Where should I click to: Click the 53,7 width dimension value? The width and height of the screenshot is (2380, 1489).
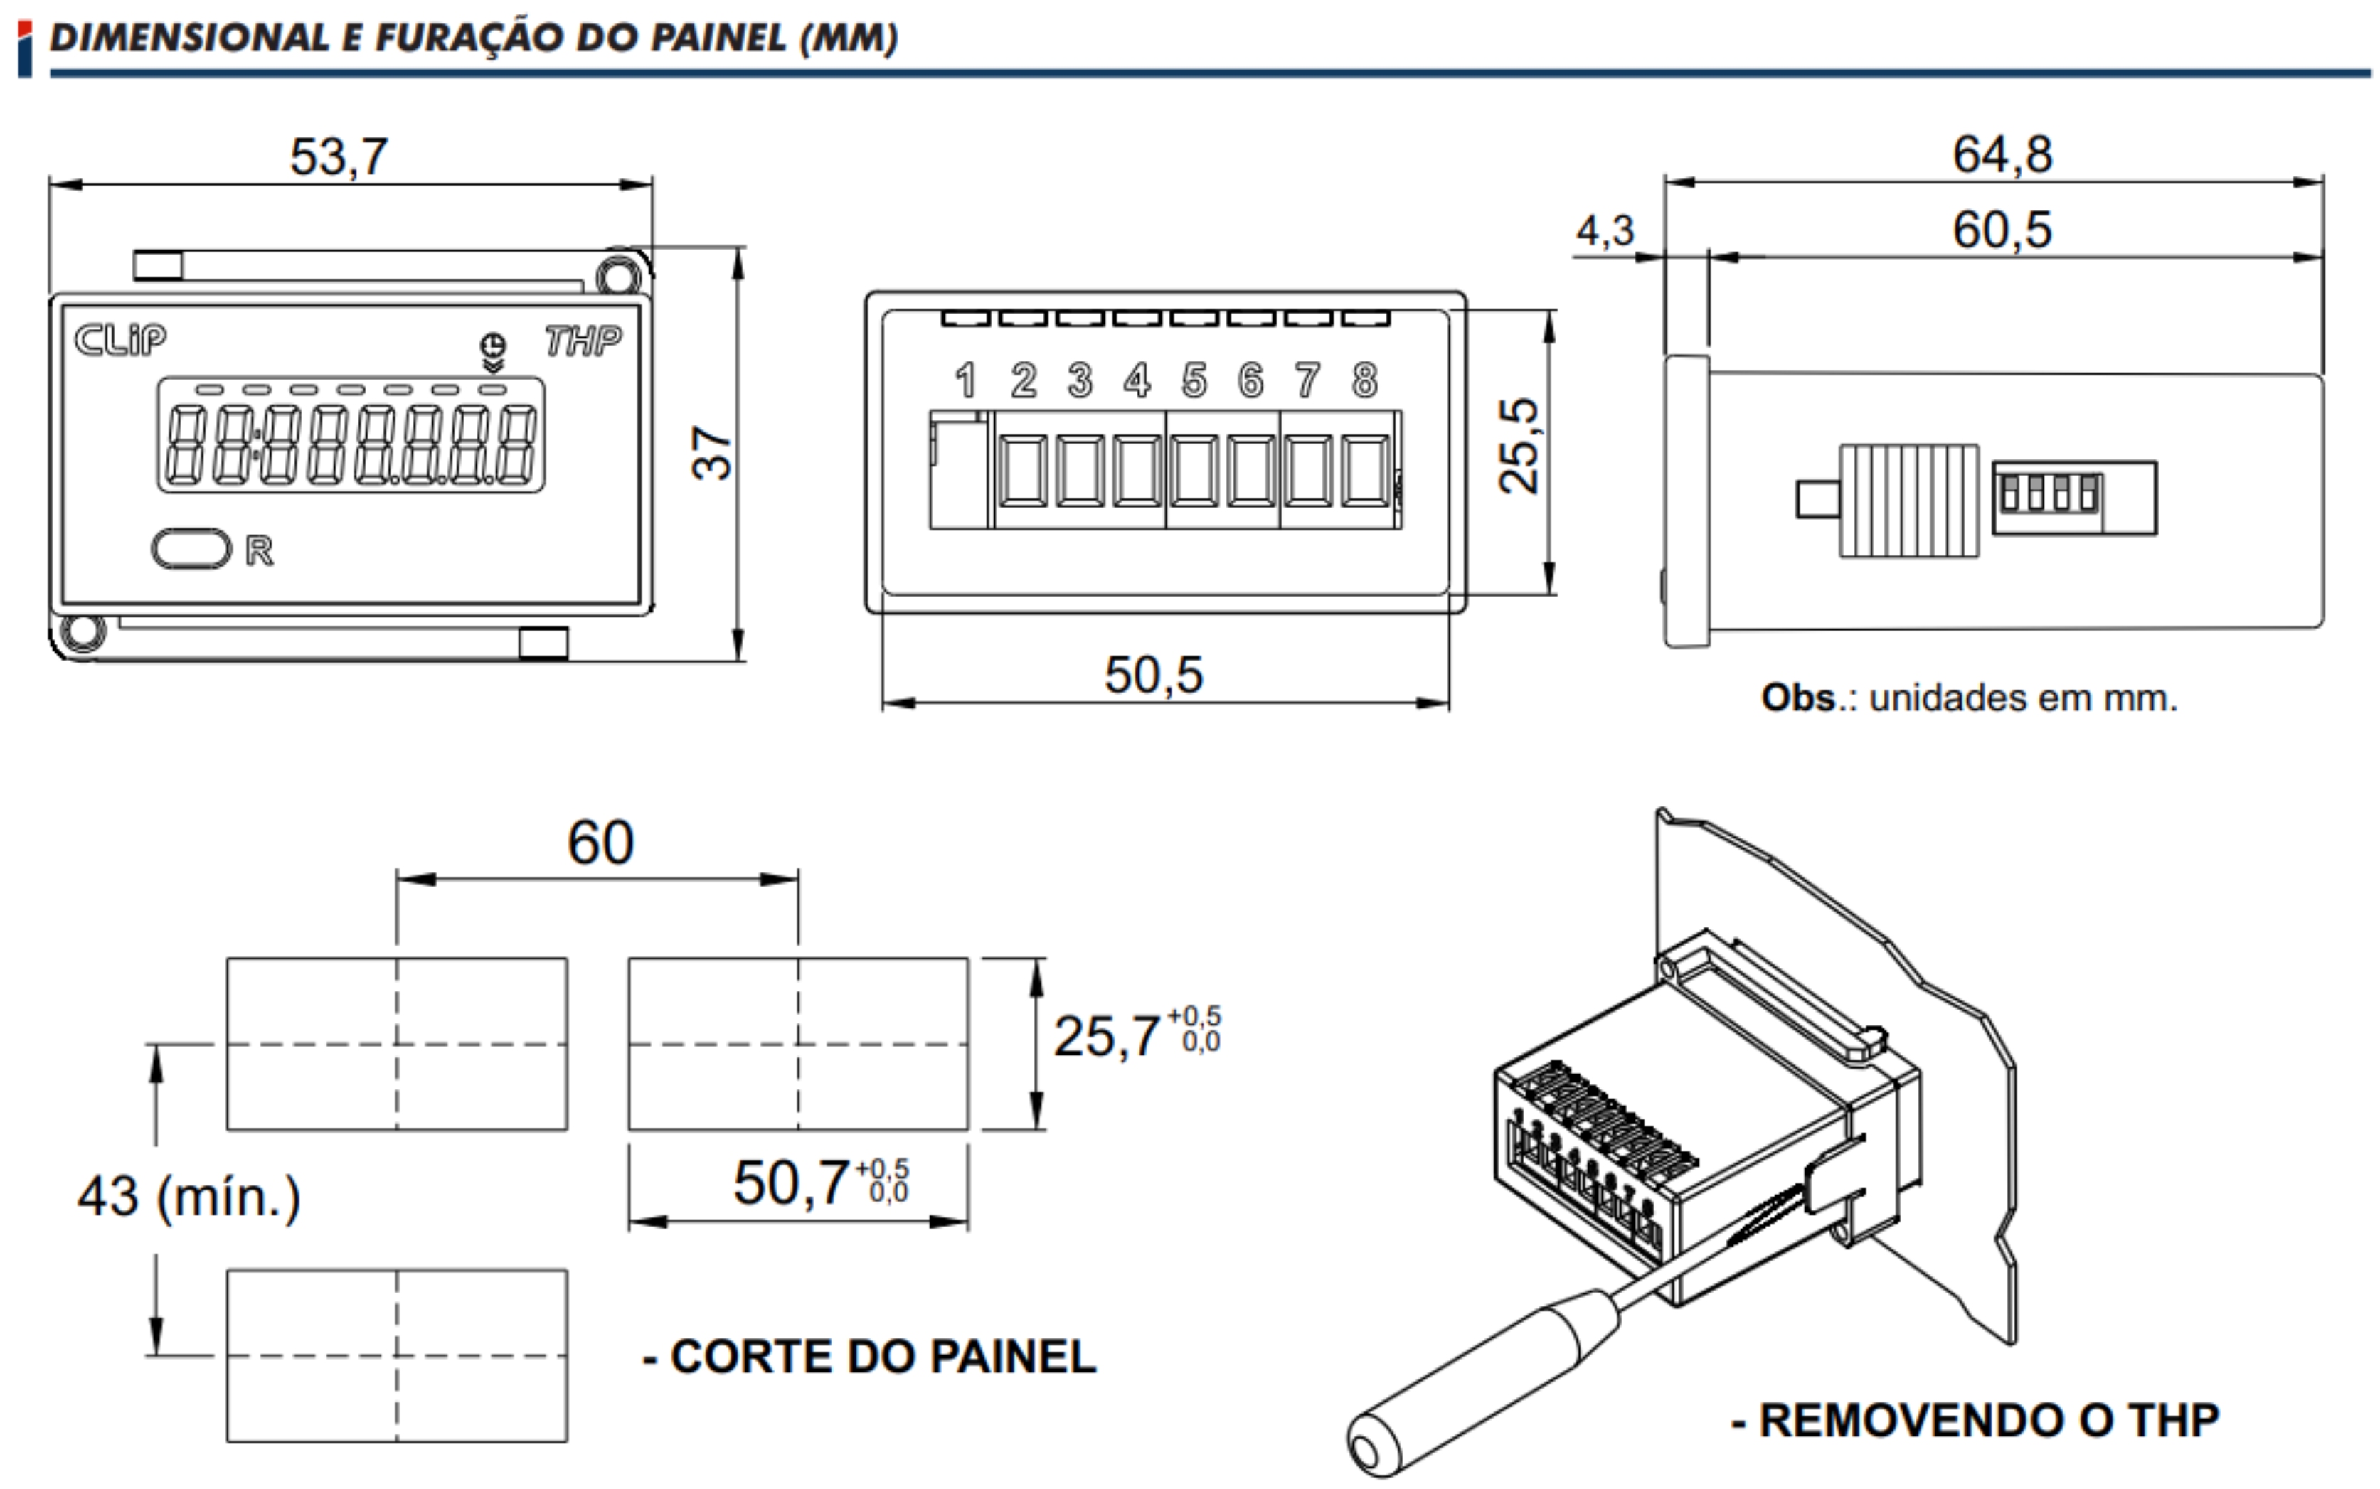click(x=339, y=158)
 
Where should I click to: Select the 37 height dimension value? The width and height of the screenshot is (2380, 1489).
click(x=711, y=453)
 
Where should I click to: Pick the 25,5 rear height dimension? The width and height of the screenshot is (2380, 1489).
click(x=1518, y=445)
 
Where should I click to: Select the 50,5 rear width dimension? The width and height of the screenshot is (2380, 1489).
click(x=1154, y=676)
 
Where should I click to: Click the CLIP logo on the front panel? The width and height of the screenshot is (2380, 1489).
click(x=120, y=340)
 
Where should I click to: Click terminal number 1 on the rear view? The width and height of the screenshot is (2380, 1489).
click(x=965, y=380)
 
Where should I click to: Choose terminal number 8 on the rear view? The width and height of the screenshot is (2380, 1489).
click(x=1364, y=380)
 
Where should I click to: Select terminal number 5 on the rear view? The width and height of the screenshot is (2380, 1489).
click(x=1194, y=380)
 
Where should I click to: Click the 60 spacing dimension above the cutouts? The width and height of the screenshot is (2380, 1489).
click(x=600, y=843)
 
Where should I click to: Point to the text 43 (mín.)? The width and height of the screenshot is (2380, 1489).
click(x=189, y=1197)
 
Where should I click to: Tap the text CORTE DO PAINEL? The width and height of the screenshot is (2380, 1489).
click(x=883, y=1357)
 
